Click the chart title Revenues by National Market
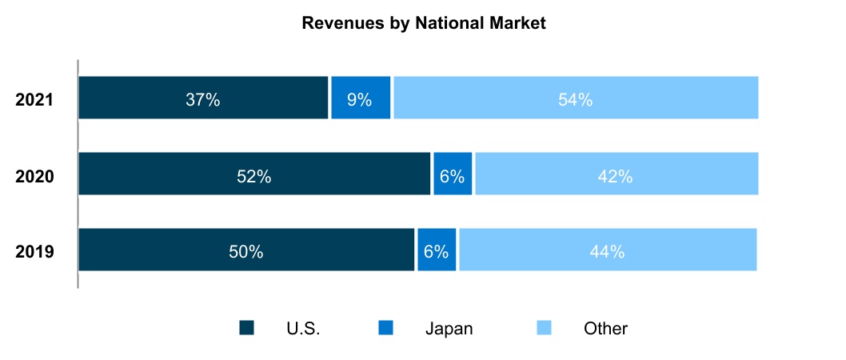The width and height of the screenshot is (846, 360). (423, 24)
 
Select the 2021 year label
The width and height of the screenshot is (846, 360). (34, 100)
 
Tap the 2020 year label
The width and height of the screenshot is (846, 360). (34, 176)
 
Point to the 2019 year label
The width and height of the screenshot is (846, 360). (34, 252)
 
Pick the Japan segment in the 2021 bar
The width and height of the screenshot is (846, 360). (361, 98)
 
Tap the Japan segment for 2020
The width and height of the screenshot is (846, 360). (453, 174)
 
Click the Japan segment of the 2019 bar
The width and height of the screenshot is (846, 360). (437, 250)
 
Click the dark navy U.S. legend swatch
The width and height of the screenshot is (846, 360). (247, 328)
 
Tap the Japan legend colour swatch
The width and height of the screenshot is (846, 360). (386, 328)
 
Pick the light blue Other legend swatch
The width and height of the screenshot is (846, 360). (544, 328)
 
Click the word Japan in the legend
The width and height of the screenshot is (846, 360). (449, 328)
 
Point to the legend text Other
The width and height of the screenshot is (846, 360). (605, 328)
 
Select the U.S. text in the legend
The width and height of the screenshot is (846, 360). (303, 328)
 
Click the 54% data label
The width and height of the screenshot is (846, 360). (575, 100)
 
